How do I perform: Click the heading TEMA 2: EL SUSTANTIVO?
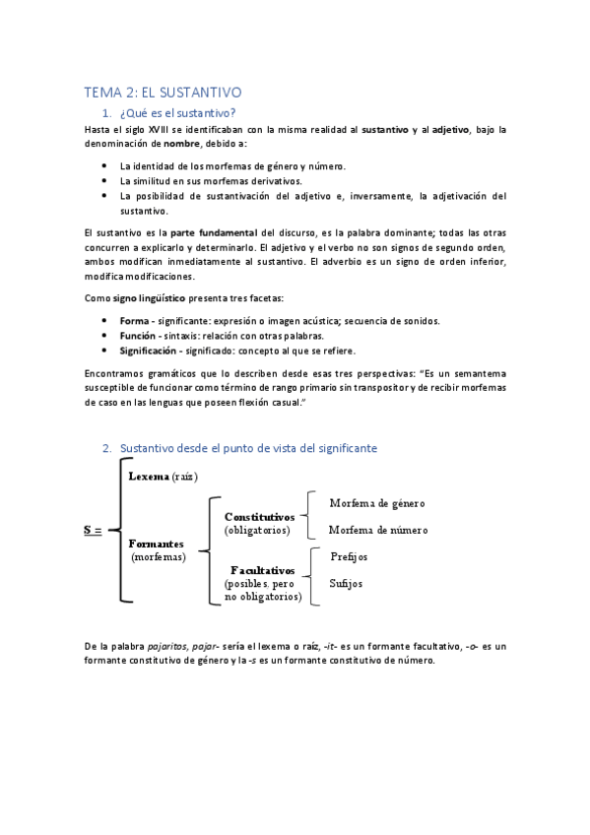pyautogui.click(x=163, y=93)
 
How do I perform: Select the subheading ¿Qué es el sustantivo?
pyautogui.click(x=178, y=113)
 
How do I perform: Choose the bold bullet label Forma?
pyautogui.click(x=134, y=321)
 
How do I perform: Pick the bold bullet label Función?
pyautogui.click(x=138, y=336)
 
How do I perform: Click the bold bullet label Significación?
pyautogui.click(x=150, y=351)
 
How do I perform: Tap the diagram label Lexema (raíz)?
pyautogui.click(x=163, y=477)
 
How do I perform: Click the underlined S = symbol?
pyautogui.click(x=93, y=530)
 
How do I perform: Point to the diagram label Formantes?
pyautogui.click(x=157, y=544)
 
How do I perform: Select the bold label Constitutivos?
pyautogui.click(x=259, y=516)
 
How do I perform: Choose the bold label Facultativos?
pyautogui.click(x=263, y=570)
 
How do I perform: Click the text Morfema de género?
pyautogui.click(x=377, y=503)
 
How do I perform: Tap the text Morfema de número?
pyautogui.click(x=378, y=530)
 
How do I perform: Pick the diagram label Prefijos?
pyautogui.click(x=349, y=556)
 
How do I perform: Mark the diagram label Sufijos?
pyautogui.click(x=346, y=583)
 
